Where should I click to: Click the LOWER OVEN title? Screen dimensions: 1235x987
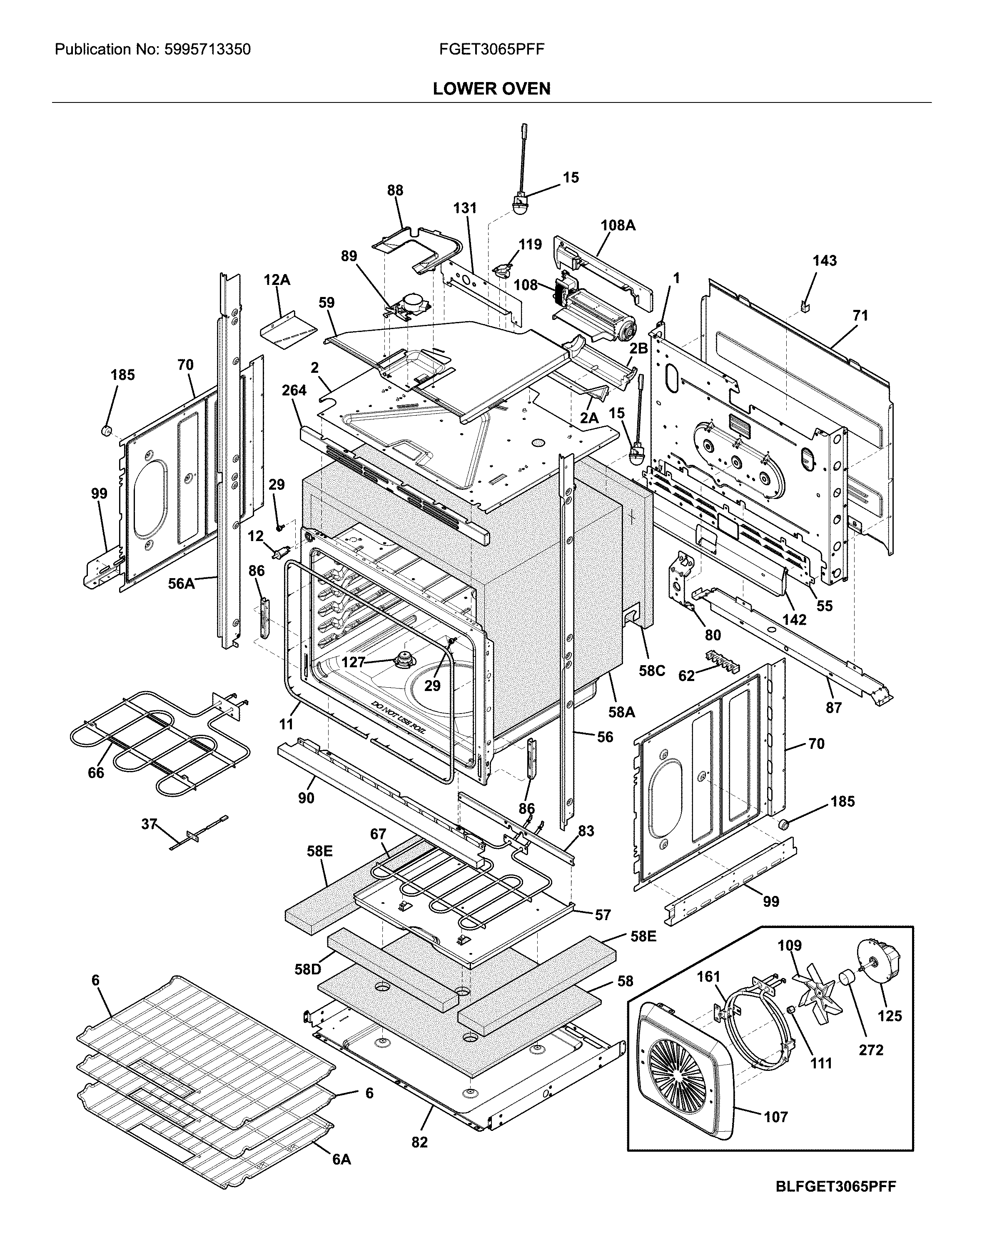[491, 89]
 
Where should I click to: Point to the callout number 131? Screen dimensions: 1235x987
[465, 208]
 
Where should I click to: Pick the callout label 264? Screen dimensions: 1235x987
[294, 390]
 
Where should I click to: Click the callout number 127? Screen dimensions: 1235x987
[353, 662]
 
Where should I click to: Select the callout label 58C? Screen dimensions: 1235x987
[651, 670]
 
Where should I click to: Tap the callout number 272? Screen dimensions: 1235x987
[871, 1050]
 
